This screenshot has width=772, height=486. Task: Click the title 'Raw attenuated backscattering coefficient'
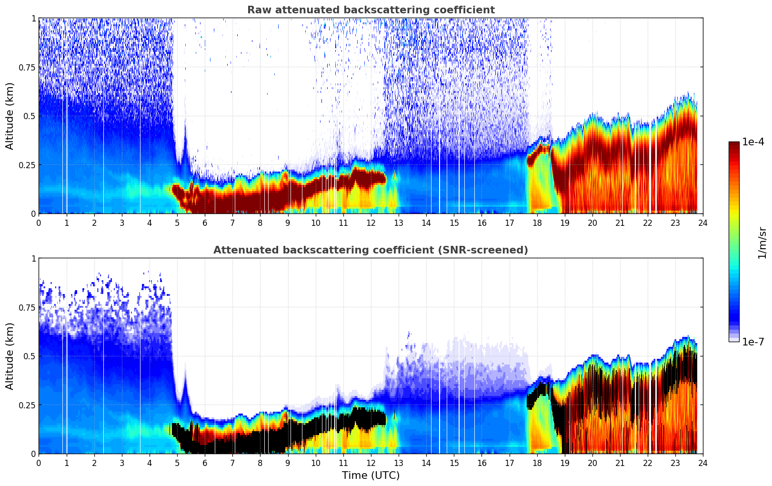[x=371, y=10]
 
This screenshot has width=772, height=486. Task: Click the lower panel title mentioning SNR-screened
[x=371, y=250]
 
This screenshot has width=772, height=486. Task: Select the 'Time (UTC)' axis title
[x=371, y=476]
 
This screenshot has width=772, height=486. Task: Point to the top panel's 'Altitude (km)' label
[x=10, y=116]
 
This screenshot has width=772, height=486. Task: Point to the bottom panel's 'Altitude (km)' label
[x=10, y=356]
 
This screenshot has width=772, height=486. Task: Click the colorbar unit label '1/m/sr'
[x=762, y=243]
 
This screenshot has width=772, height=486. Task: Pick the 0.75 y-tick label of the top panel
[x=27, y=68]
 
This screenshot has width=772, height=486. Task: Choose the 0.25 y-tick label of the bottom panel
[x=27, y=405]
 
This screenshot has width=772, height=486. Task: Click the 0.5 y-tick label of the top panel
[x=30, y=116]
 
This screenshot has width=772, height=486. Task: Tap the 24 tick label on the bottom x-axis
[x=702, y=463]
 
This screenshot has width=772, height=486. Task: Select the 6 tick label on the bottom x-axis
[x=205, y=463]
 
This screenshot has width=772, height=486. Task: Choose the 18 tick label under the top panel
[x=537, y=223]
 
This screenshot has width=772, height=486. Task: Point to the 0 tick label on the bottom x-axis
[x=39, y=463]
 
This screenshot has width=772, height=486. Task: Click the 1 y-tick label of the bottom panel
[x=33, y=259]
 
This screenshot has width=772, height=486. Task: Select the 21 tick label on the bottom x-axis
[x=620, y=463]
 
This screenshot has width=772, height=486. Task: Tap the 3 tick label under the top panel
[x=122, y=223]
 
